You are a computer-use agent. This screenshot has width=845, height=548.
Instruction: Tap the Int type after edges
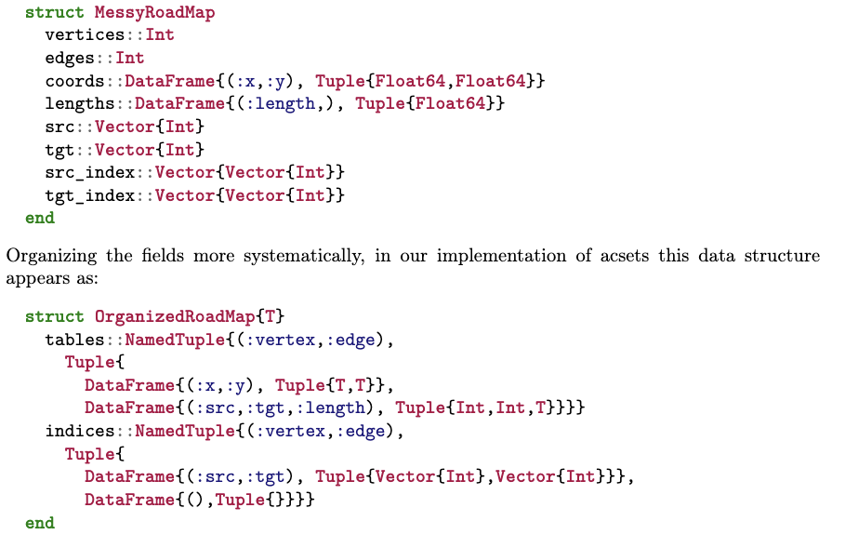pos(130,58)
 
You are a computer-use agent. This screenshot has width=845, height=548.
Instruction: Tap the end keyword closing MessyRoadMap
pos(40,218)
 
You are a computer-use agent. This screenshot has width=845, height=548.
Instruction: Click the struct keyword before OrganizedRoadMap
pos(55,316)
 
